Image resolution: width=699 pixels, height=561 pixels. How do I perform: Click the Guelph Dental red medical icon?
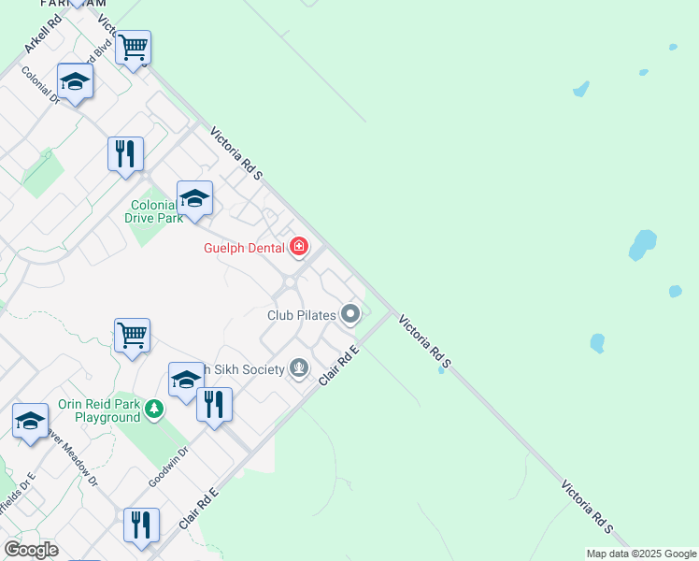point(299,247)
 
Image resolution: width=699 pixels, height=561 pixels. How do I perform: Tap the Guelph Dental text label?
point(246,248)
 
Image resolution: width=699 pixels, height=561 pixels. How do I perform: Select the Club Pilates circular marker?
point(350,314)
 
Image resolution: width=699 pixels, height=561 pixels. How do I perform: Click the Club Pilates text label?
point(301,315)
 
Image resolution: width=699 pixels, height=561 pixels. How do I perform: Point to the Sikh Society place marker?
point(299,368)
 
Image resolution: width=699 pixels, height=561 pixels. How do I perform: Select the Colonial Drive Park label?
point(153,211)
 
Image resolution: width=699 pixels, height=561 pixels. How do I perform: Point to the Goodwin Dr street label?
point(168,467)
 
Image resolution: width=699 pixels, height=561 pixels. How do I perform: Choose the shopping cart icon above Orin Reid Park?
point(133,335)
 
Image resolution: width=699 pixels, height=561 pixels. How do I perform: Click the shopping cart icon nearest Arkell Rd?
point(134,47)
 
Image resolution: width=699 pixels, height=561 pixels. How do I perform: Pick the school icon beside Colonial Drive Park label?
point(194,198)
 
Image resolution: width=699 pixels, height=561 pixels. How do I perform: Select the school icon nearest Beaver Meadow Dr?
point(30,421)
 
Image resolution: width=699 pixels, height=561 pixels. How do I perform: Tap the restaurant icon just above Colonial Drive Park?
point(125,153)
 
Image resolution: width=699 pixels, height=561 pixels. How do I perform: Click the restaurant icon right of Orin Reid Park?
point(214,405)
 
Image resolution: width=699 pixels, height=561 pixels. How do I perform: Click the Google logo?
point(31,550)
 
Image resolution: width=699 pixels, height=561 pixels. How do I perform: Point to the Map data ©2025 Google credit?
point(641,554)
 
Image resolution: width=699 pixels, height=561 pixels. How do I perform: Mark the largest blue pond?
point(643,244)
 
